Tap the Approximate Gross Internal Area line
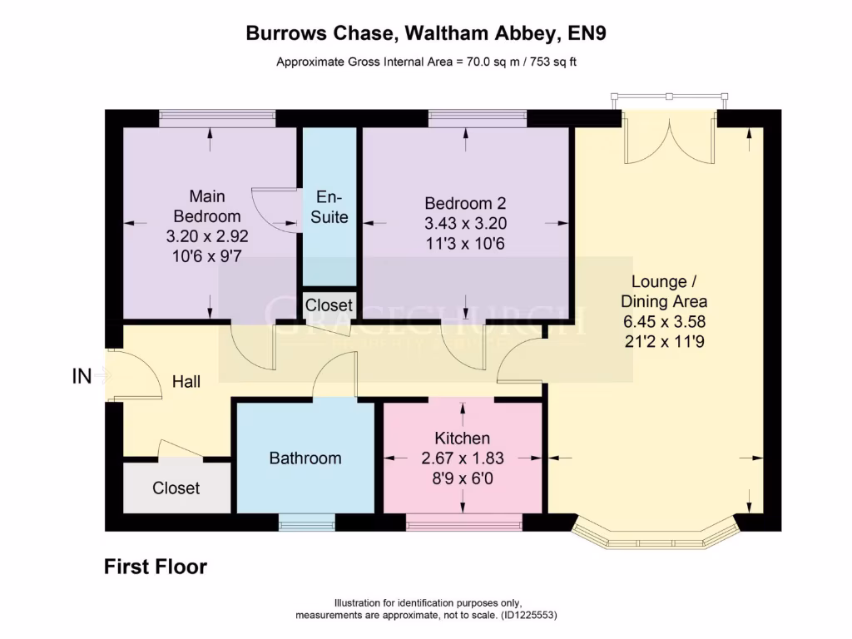tap(426, 62)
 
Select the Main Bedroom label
tap(207, 206)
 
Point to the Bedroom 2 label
tap(465, 203)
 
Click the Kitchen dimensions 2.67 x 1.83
tap(463, 457)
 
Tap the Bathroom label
tap(305, 458)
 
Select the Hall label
tap(186, 382)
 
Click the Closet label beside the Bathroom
tap(176, 488)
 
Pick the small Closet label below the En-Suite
tap(329, 305)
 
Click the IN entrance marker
tap(81, 377)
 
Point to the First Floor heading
tap(156, 567)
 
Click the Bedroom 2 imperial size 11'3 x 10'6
tap(465, 244)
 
